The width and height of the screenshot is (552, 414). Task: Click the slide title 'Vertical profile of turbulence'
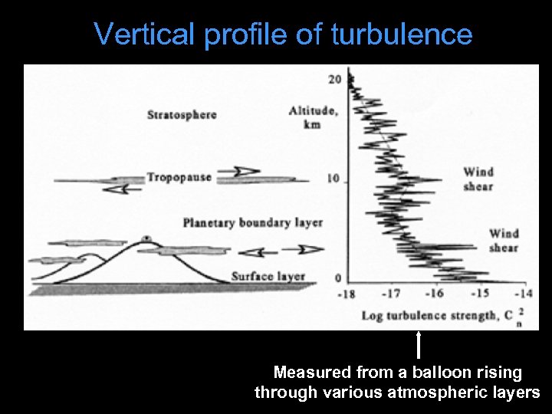[283, 34]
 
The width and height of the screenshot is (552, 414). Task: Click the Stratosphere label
[182, 115]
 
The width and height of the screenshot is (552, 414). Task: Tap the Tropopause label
[179, 176]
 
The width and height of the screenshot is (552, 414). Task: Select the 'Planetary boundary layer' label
[252, 222]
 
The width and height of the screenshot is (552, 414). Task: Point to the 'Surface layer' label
[268, 276]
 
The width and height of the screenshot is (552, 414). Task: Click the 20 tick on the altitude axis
[334, 79]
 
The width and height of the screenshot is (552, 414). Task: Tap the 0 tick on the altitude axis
[338, 278]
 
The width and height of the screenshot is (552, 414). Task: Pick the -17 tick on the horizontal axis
[392, 293]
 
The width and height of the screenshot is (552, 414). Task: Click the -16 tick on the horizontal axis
[435, 293]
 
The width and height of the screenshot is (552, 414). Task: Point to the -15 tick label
[480, 293]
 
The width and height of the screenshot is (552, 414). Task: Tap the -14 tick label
[524, 293]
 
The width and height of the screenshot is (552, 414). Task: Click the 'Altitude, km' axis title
[312, 117]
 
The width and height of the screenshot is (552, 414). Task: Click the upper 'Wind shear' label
[478, 179]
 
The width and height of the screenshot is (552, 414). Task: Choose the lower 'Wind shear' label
[504, 240]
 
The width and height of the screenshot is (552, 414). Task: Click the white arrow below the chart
[419, 345]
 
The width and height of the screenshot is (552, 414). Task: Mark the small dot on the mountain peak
[145, 237]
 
